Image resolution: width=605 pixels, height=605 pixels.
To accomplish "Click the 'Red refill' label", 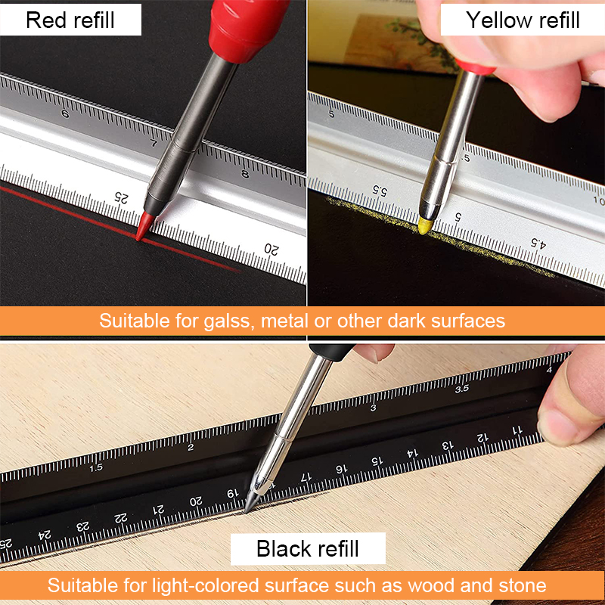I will tap(71, 20).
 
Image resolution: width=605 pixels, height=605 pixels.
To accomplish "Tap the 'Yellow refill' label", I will tap(523, 20).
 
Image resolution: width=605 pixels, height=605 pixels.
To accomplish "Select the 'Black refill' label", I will tap(308, 548).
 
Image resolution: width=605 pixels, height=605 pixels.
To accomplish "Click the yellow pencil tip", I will tap(425, 225).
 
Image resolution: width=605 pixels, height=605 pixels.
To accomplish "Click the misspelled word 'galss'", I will tap(232, 321).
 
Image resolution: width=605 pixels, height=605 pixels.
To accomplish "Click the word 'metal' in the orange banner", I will tap(289, 321).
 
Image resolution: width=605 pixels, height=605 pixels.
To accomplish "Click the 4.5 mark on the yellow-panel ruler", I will tap(537, 243).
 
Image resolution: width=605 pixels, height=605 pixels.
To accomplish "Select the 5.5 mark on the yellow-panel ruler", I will tap(380, 191).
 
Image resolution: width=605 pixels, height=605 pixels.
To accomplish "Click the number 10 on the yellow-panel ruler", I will tap(598, 201).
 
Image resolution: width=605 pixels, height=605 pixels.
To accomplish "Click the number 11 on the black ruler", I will tap(517, 430).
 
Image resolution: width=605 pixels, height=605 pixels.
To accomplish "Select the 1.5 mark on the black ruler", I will tap(95, 467).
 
